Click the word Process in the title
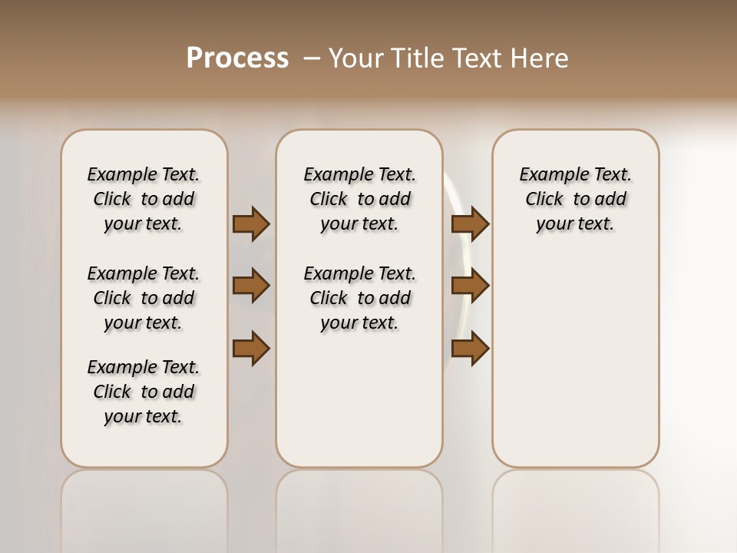click(237, 58)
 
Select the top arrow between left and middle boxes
click(251, 224)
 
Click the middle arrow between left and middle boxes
click(251, 286)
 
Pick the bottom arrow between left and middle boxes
click(251, 348)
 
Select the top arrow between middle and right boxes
click(470, 224)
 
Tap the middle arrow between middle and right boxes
click(470, 286)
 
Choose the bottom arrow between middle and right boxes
click(470, 348)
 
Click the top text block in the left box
click(144, 199)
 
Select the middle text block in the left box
click(144, 298)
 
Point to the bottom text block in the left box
click(144, 392)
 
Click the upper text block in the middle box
click(359, 199)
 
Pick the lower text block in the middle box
click(359, 298)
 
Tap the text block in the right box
click(575, 199)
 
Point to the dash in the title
click(312, 58)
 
